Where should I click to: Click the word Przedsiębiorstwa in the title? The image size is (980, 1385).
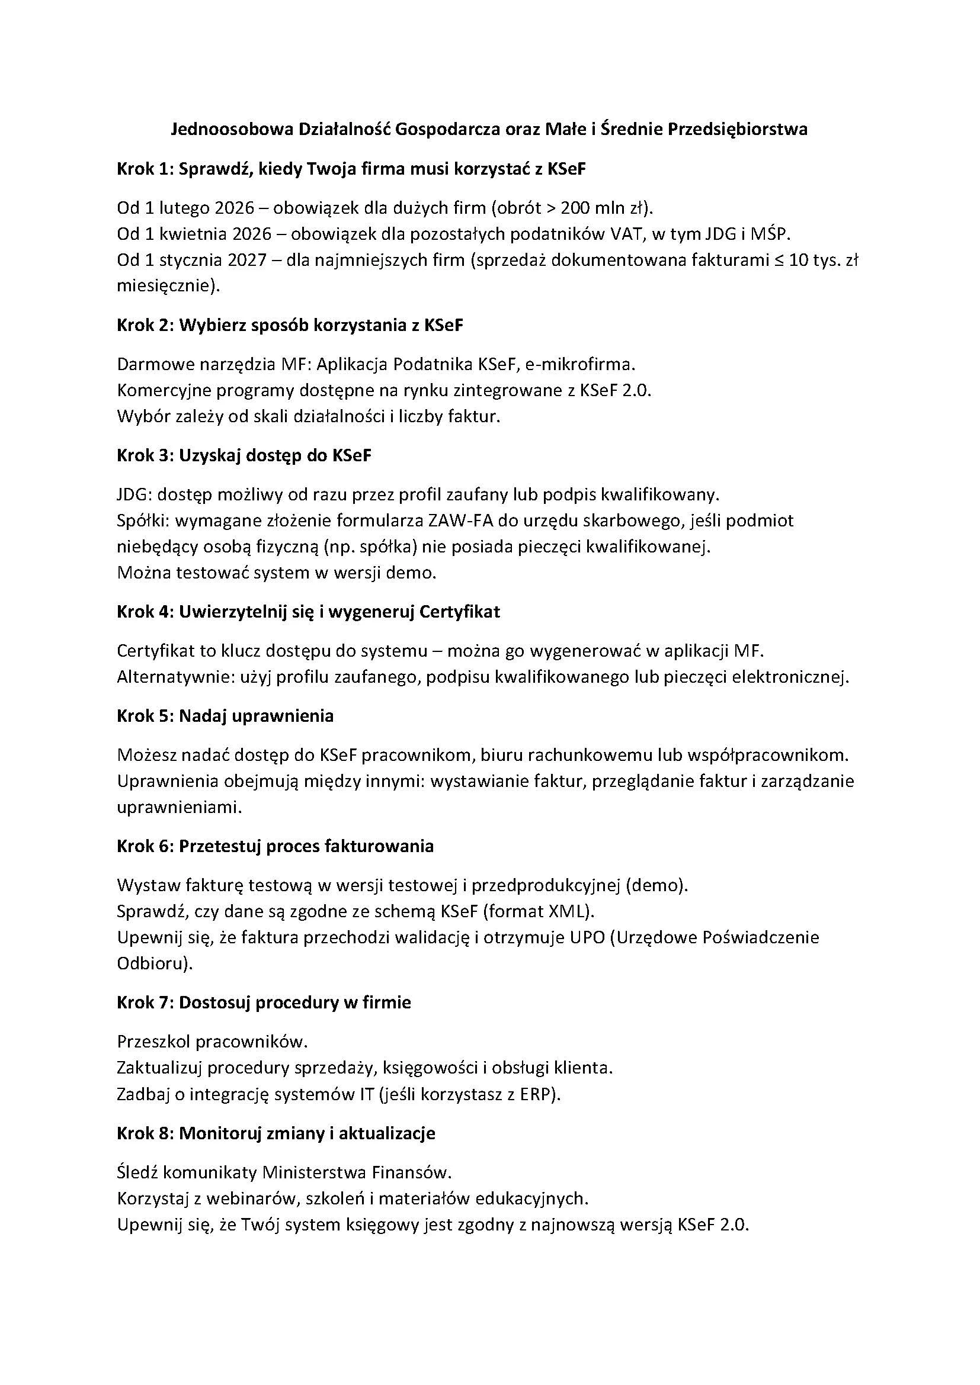tap(737, 130)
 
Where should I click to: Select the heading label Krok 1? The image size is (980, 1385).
tap(144, 169)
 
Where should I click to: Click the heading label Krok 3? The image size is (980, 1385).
tap(144, 456)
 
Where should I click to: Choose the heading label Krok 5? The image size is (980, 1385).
tap(144, 716)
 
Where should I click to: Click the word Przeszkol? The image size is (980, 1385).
tap(154, 1042)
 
